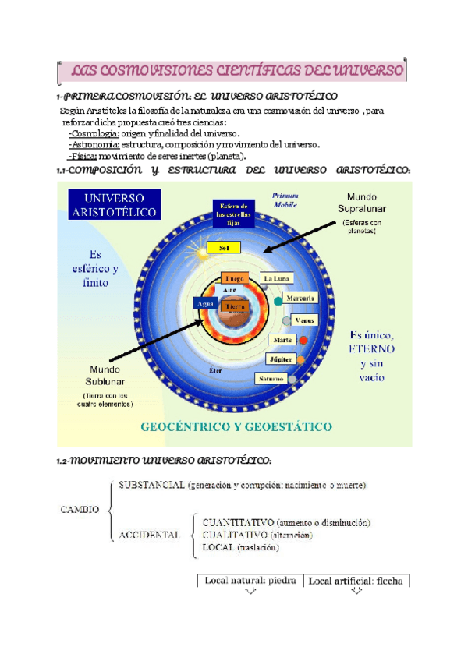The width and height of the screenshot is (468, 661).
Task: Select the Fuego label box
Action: point(234,278)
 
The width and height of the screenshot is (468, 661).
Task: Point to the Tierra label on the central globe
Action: point(234,306)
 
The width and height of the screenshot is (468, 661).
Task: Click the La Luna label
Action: point(278,278)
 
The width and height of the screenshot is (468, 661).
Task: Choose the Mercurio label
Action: point(300,299)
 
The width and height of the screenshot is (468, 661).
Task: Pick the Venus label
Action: point(305,320)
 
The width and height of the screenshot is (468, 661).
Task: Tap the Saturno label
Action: point(270,379)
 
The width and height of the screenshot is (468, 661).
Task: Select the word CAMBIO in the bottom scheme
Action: point(79,510)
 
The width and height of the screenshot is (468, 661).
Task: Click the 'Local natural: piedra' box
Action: point(250,581)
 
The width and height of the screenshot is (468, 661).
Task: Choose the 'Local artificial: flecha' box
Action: point(356,581)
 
